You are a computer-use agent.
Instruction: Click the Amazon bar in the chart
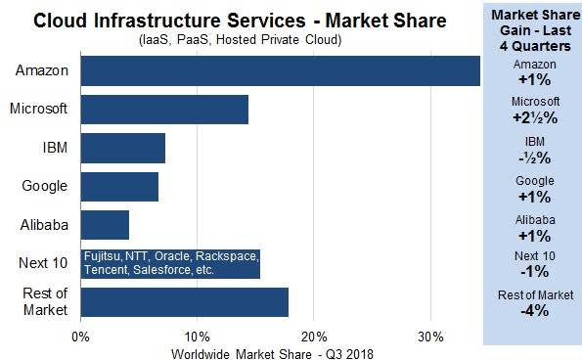coord(280,71)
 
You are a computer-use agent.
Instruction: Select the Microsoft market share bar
coord(164,110)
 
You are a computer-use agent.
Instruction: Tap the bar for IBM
coord(123,148)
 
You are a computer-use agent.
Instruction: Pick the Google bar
coord(119,186)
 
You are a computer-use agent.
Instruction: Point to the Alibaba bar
coord(105,224)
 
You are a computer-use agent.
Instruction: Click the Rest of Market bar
coord(185,301)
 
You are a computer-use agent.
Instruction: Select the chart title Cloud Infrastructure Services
coord(241,20)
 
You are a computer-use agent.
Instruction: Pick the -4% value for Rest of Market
coord(534,312)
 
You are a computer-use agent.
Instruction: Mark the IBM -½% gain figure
coord(534,157)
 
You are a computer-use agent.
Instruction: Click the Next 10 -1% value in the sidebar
coord(534,272)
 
